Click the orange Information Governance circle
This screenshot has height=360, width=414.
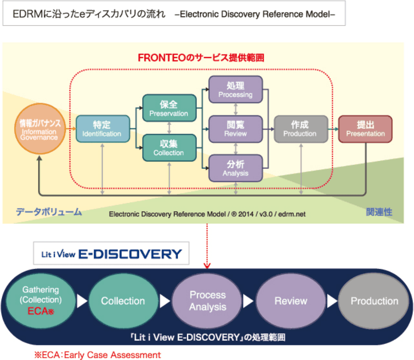(x=40, y=129)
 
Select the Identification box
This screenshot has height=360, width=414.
(x=103, y=129)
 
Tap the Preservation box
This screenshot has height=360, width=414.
(x=169, y=108)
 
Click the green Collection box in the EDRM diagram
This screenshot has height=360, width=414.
(x=169, y=148)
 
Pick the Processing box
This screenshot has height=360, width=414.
(x=236, y=89)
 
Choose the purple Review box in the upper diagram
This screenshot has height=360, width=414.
(x=236, y=129)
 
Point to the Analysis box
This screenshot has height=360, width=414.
(x=236, y=168)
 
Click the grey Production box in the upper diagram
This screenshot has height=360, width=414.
(x=301, y=129)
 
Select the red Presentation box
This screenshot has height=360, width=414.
(x=366, y=129)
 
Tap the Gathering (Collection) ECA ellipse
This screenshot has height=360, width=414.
(x=41, y=301)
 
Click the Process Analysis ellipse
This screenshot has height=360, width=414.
(x=207, y=301)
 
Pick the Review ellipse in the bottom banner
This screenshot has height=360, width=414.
(x=291, y=301)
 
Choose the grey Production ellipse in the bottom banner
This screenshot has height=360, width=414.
(x=374, y=301)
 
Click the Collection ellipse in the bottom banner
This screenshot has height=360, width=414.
(x=123, y=301)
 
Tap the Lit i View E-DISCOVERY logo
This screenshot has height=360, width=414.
(x=111, y=254)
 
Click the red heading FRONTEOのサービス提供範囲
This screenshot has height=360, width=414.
(x=201, y=58)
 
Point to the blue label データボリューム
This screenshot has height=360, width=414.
(x=49, y=212)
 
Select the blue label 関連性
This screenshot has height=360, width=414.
(x=379, y=212)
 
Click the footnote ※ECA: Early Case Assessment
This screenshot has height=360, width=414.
(x=97, y=355)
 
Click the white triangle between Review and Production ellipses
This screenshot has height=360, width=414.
(x=332, y=301)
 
